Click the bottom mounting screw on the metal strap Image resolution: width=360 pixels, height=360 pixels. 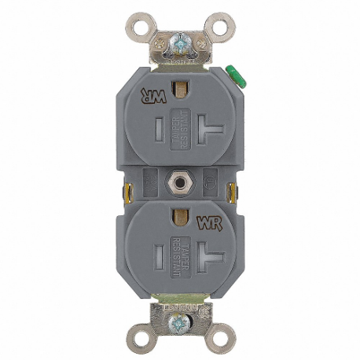click(181, 321)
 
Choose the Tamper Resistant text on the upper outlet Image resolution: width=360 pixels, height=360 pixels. click(180, 127)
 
